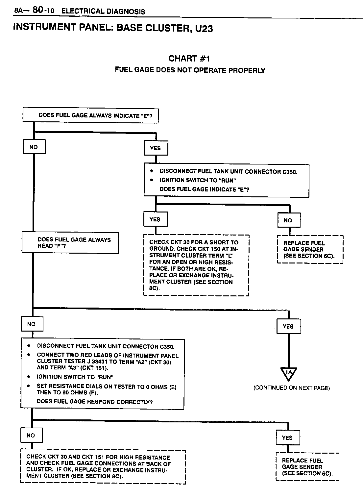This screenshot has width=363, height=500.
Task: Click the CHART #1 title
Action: click(x=189, y=59)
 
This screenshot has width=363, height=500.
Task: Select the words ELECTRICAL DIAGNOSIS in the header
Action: click(x=103, y=12)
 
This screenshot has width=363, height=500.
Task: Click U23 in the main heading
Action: click(x=204, y=29)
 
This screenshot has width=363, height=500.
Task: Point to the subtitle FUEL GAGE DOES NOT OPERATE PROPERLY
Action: click(x=190, y=70)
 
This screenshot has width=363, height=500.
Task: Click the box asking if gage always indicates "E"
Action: click(x=90, y=115)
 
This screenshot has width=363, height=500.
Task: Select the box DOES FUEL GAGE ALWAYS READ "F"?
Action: click(x=70, y=243)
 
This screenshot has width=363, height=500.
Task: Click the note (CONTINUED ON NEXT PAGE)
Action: click(x=291, y=388)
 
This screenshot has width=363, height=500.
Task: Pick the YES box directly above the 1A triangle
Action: click(x=288, y=326)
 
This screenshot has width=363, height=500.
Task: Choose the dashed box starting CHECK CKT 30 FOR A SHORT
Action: click(x=196, y=265)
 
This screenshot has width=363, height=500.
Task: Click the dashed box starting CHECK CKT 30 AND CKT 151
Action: click(x=103, y=467)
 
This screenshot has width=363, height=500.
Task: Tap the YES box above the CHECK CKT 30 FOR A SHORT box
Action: click(x=155, y=219)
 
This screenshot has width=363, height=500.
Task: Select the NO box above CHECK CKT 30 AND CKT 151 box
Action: click(x=31, y=435)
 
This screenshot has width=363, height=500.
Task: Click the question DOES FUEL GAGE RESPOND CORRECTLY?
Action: click(x=95, y=402)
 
